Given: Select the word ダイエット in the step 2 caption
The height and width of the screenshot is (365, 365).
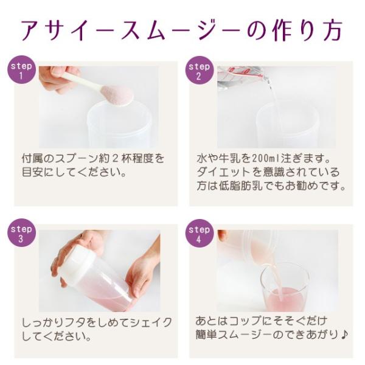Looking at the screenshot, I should point(228,173).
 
